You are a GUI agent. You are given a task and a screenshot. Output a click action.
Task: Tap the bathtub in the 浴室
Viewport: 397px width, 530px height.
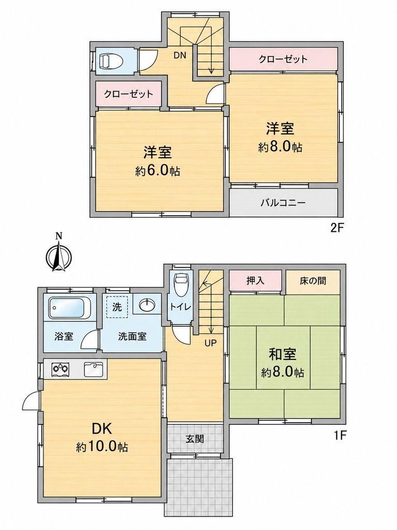pos(67,307)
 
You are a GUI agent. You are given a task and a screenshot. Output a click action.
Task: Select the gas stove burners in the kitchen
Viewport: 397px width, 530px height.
pos(61,369)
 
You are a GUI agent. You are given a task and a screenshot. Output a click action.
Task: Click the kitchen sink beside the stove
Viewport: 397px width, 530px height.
pos(94,369)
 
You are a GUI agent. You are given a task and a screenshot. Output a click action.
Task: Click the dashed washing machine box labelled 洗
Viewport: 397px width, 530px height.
pos(117,307)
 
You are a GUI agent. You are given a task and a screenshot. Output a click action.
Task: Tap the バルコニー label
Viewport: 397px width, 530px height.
pos(283,203)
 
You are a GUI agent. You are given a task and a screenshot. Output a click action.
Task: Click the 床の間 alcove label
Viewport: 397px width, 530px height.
pos(313,281)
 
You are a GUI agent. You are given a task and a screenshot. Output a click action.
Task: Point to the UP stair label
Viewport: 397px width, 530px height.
pos(210,344)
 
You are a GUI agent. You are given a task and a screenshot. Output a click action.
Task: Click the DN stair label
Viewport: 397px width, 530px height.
pos(180,55)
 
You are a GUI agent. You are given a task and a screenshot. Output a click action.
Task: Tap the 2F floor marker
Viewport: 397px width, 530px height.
pos(337,227)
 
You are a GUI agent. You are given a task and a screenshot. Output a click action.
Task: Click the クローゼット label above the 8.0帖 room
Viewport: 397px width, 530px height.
pos(283,60)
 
